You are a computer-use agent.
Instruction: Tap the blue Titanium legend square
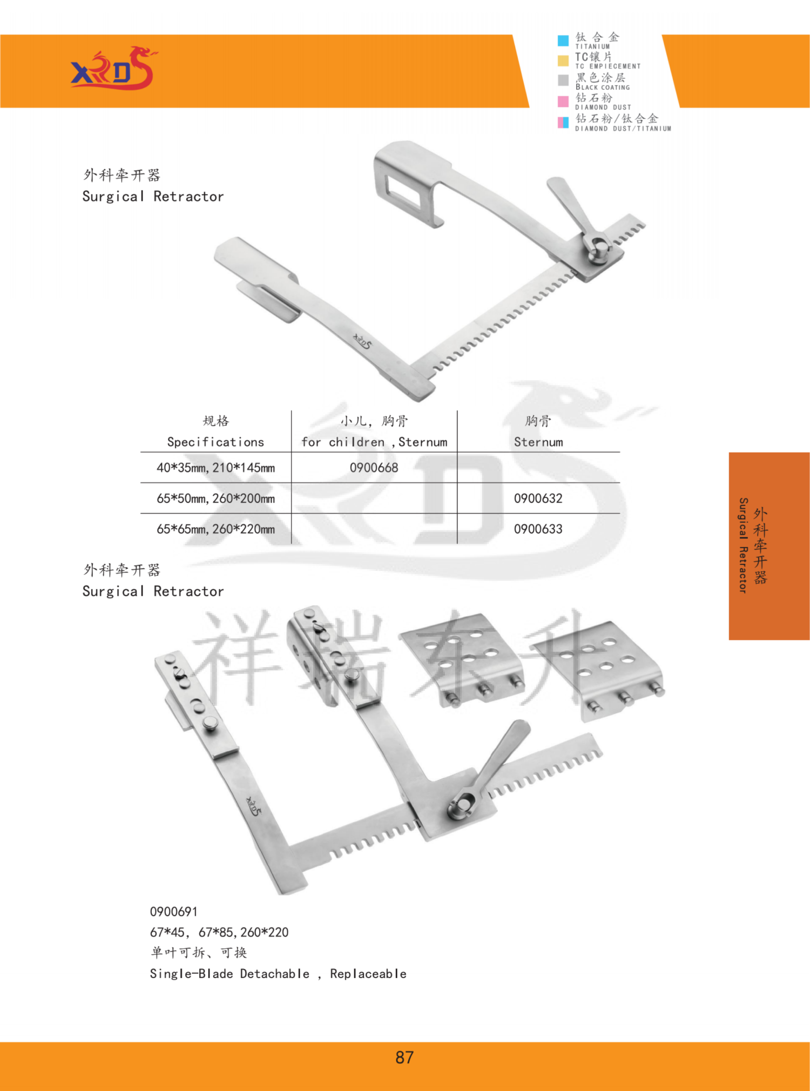563,41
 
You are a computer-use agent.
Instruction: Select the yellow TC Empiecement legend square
563,60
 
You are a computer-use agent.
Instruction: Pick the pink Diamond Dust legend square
563,102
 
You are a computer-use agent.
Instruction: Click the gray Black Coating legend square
563,80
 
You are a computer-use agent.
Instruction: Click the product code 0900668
374,468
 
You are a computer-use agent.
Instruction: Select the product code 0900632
538,499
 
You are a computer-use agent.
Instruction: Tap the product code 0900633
538,529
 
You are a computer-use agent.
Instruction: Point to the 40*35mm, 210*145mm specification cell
215,468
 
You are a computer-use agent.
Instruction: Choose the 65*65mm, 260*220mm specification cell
215,529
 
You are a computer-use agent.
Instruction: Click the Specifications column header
215,442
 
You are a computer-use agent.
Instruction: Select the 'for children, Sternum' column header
374,442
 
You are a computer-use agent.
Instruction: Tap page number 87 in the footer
404,1058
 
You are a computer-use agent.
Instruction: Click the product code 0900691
174,912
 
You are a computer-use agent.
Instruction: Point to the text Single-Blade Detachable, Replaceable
278,974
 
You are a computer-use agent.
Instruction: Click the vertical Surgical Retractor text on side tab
743,545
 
